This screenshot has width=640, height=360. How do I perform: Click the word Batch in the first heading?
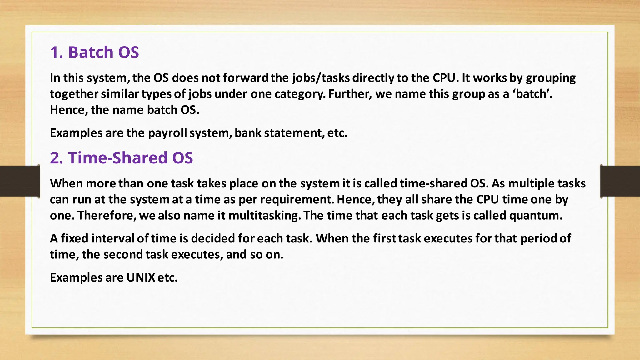[x=91, y=52]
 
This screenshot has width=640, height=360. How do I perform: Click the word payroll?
[x=167, y=133]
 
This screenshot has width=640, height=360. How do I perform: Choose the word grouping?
[x=551, y=78]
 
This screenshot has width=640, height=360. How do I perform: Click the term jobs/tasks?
[x=321, y=78]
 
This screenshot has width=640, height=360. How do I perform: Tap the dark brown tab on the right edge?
[x=620, y=181]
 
